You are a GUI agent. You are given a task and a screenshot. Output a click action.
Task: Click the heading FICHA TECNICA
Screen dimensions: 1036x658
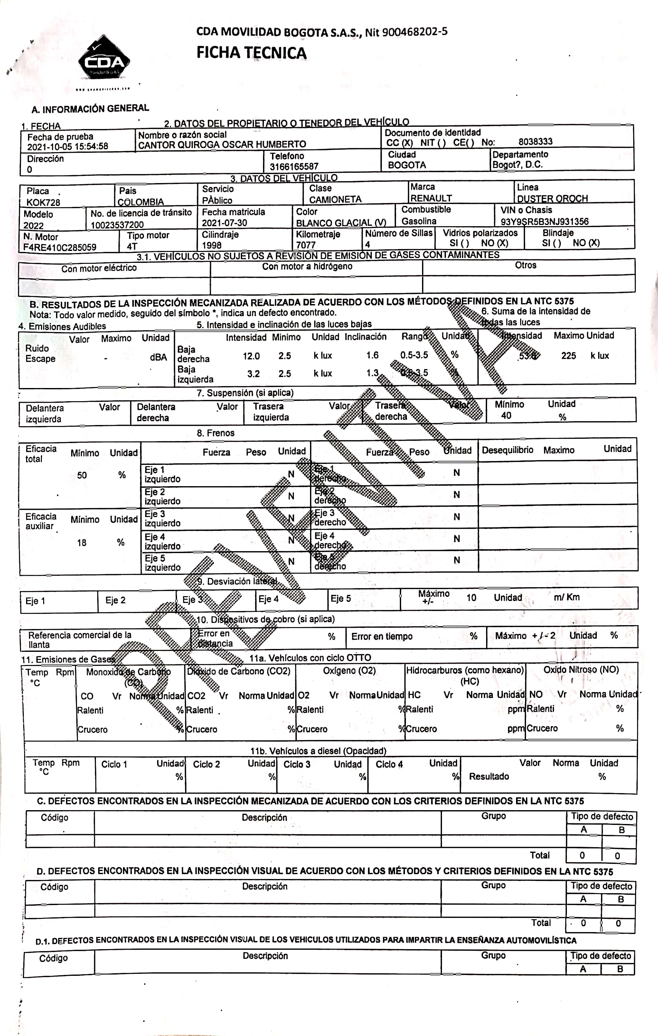tap(251, 53)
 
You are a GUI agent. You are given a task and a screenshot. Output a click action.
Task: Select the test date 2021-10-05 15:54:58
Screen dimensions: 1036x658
tap(68, 146)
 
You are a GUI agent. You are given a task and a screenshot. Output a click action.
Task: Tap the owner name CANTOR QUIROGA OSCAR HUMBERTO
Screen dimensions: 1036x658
tap(222, 144)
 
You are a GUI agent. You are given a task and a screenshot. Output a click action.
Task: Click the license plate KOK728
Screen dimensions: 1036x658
tap(43, 202)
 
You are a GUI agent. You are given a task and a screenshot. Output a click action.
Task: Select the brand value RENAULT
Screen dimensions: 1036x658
tap(431, 198)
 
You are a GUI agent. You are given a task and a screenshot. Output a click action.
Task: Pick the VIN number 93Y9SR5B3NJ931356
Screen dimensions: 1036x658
tap(544, 222)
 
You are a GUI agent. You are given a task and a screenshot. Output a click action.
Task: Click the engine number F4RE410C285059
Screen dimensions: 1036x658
tap(60, 247)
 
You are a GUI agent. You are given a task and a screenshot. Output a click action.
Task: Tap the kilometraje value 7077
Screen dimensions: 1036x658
tap(305, 245)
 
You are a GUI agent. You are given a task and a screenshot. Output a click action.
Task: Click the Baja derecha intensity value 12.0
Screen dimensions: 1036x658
tap(251, 356)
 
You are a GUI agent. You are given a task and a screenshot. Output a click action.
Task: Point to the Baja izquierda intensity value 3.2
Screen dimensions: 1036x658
tap(253, 374)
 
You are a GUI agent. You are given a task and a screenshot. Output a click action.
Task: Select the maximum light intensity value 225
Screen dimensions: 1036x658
tap(569, 356)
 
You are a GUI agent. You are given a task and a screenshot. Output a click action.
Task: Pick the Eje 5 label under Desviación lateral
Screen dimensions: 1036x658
tap(340, 599)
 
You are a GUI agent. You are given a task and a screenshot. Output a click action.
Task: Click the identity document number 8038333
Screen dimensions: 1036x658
tap(535, 142)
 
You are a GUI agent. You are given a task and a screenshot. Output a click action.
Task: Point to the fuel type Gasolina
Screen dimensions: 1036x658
tap(419, 221)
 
